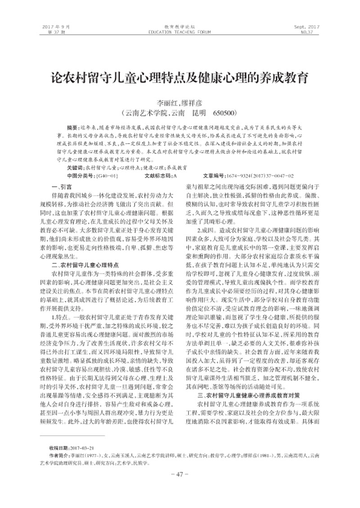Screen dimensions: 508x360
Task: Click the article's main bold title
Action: pos(180,77)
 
